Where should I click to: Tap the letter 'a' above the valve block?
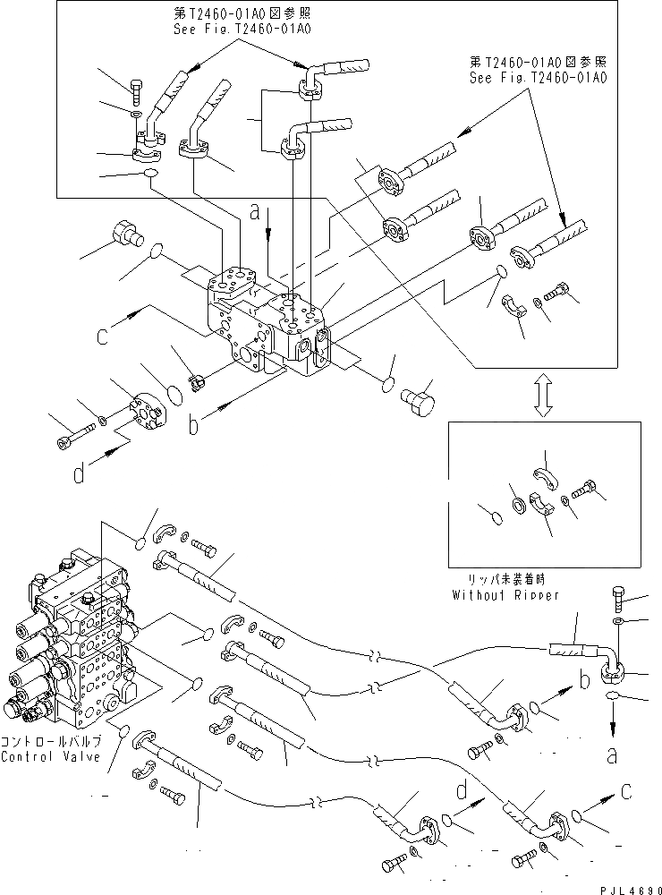coord(255,213)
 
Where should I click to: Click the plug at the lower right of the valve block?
coord(417,397)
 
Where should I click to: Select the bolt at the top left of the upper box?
coord(136,89)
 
